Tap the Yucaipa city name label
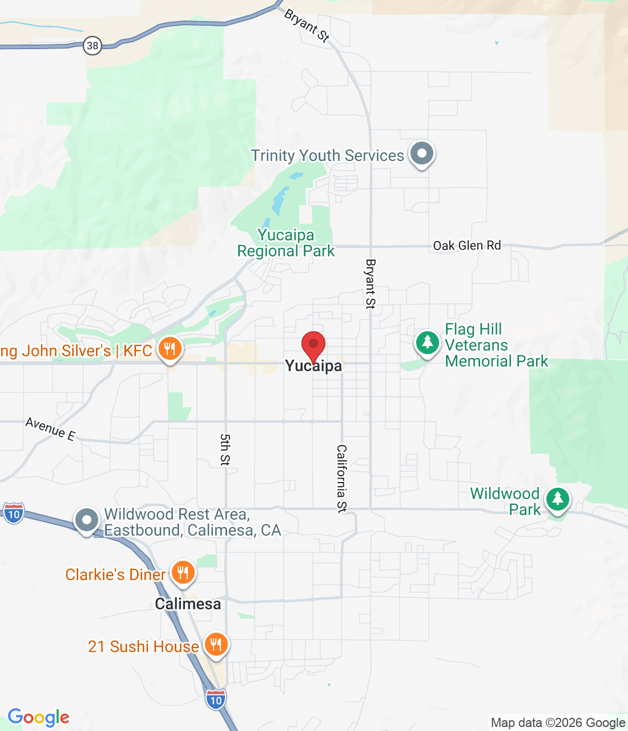[313, 366]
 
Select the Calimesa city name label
[188, 604]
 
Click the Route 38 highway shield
[92, 46]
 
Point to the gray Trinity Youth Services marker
[422, 154]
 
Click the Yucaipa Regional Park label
[286, 243]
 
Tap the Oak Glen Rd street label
[467, 246]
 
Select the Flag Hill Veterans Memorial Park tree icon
[427, 343]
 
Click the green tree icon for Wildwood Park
[557, 500]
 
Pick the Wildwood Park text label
[505, 501]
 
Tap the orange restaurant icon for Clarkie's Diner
[183, 573]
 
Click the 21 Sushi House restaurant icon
[216, 645]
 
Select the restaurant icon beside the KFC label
[170, 349]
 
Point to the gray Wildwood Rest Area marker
[87, 521]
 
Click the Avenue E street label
[50, 429]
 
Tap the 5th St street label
[226, 449]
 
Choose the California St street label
[341, 479]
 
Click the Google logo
[39, 717]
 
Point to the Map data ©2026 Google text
[558, 723]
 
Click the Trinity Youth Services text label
[328, 156]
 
